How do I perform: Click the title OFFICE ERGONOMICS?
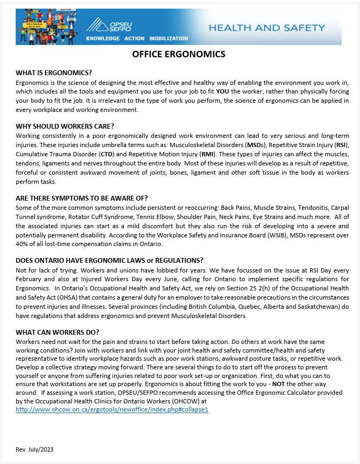tap(179, 54)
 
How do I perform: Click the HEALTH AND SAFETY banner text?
tap(267, 28)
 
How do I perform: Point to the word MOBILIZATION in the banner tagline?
tap(168, 38)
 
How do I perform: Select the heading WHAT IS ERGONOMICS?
tap(54, 73)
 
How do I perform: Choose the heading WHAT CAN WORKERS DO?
tap(57, 332)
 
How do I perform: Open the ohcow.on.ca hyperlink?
tap(112, 409)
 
